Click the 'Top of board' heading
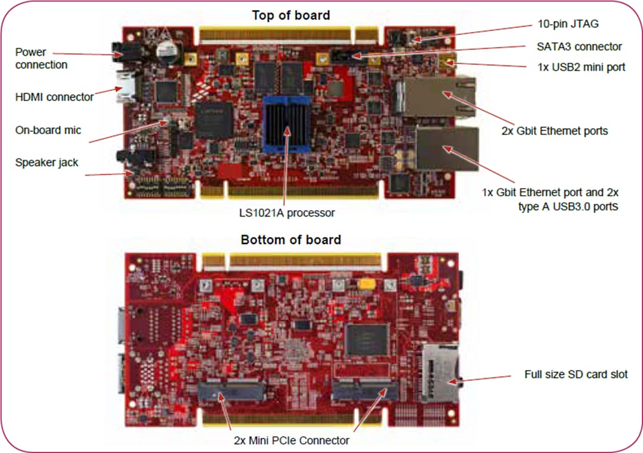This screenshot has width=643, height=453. click(x=291, y=15)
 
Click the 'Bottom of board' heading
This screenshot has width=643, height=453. click(x=291, y=240)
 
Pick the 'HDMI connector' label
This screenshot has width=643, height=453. click(x=54, y=96)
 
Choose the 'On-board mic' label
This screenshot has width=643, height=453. click(x=48, y=130)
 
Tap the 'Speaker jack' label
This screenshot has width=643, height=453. click(x=46, y=162)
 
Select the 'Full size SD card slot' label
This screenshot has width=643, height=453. click(x=576, y=374)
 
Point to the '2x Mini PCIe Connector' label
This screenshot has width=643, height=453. click(x=291, y=440)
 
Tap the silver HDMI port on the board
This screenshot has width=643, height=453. click(x=126, y=86)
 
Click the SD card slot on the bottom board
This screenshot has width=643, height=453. click(x=439, y=372)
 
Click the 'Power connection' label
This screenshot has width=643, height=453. click(x=41, y=58)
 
